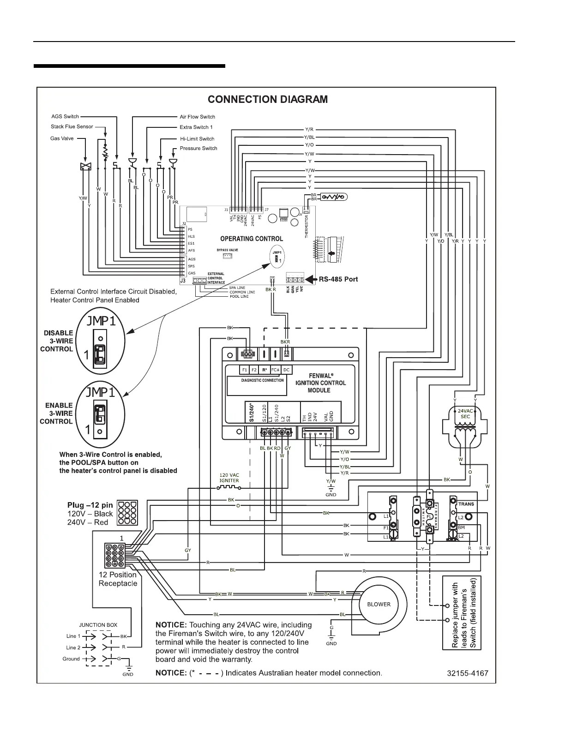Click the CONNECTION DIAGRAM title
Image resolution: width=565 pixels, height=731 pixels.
click(268, 99)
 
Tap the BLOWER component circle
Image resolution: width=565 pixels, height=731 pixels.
click(379, 604)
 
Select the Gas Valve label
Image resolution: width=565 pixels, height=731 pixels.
click(62, 138)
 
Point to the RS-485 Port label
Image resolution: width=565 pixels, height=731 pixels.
click(338, 279)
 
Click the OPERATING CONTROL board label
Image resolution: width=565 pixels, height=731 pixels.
click(252, 239)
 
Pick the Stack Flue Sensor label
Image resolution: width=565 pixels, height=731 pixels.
click(72, 126)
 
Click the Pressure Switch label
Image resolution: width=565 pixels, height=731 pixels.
click(198, 148)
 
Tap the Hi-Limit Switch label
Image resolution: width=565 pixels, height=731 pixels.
click(197, 138)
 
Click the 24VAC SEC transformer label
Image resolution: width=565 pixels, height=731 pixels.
click(465, 413)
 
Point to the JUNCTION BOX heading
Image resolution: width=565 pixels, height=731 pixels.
click(98, 625)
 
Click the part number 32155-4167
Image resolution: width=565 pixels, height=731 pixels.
click(467, 673)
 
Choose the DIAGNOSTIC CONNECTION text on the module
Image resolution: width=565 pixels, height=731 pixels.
click(263, 380)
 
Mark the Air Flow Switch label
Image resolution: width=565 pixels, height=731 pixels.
click(197, 117)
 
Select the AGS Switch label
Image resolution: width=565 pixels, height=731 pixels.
click(65, 116)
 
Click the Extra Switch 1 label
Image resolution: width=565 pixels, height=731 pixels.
click(196, 127)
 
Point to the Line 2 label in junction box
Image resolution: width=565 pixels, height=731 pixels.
click(73, 647)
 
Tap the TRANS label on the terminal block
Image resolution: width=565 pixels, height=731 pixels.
click(466, 504)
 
